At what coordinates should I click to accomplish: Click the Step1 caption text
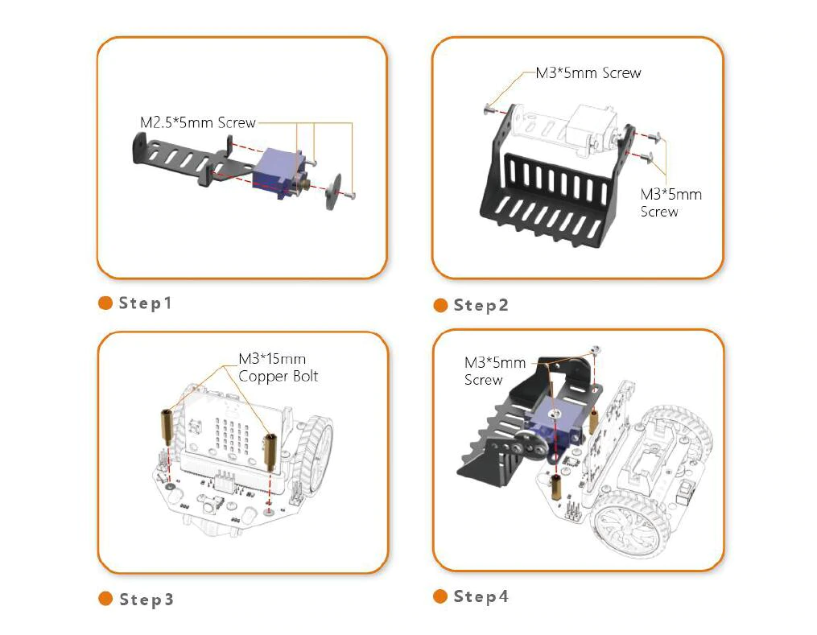coord(146,303)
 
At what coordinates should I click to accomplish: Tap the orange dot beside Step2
coord(440,305)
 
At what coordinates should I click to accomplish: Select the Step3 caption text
coord(146,600)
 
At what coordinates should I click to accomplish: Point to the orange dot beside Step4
coord(440,596)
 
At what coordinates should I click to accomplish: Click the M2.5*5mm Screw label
coord(197,122)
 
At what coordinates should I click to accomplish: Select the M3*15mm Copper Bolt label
coord(278,368)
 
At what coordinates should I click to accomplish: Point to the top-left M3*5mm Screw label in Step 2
coord(588,73)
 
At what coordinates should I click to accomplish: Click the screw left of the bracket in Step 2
coord(489,108)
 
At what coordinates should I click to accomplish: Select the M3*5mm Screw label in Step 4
coord(494,371)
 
